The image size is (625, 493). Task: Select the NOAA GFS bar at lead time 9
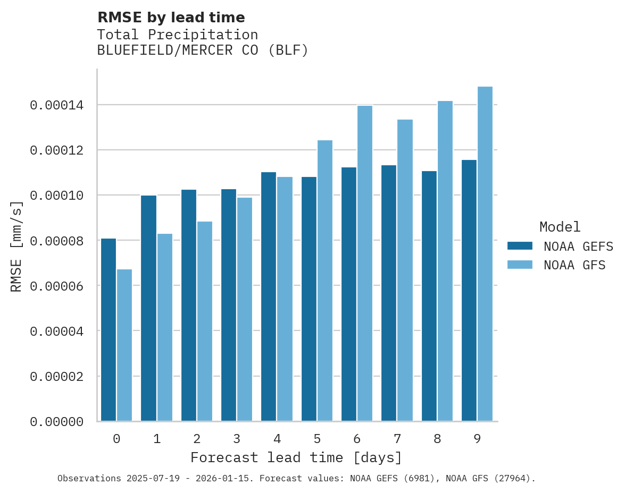pyautogui.click(x=485, y=254)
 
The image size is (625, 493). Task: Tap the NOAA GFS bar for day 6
pyautogui.click(x=365, y=263)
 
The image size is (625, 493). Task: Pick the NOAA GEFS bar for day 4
pyautogui.click(x=269, y=296)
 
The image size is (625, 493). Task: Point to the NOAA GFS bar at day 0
pyautogui.click(x=124, y=345)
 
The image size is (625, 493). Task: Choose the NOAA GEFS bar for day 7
pyautogui.click(x=389, y=293)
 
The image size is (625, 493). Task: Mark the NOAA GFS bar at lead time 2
pyautogui.click(x=205, y=321)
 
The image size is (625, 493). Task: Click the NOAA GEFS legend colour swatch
pyautogui.click(x=520, y=246)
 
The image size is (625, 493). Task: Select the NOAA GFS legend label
pyautogui.click(x=574, y=265)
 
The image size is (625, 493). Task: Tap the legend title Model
pyautogui.click(x=560, y=227)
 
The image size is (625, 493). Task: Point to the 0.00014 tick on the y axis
pyautogui.click(x=56, y=105)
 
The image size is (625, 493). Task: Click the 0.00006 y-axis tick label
pyautogui.click(x=56, y=286)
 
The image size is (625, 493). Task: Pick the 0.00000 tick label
pyautogui.click(x=56, y=422)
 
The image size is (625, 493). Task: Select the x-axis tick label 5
pyautogui.click(x=317, y=439)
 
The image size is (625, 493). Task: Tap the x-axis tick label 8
pyautogui.click(x=437, y=439)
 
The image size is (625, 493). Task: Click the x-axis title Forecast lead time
pyautogui.click(x=296, y=457)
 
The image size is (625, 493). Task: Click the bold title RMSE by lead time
pyautogui.click(x=171, y=18)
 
